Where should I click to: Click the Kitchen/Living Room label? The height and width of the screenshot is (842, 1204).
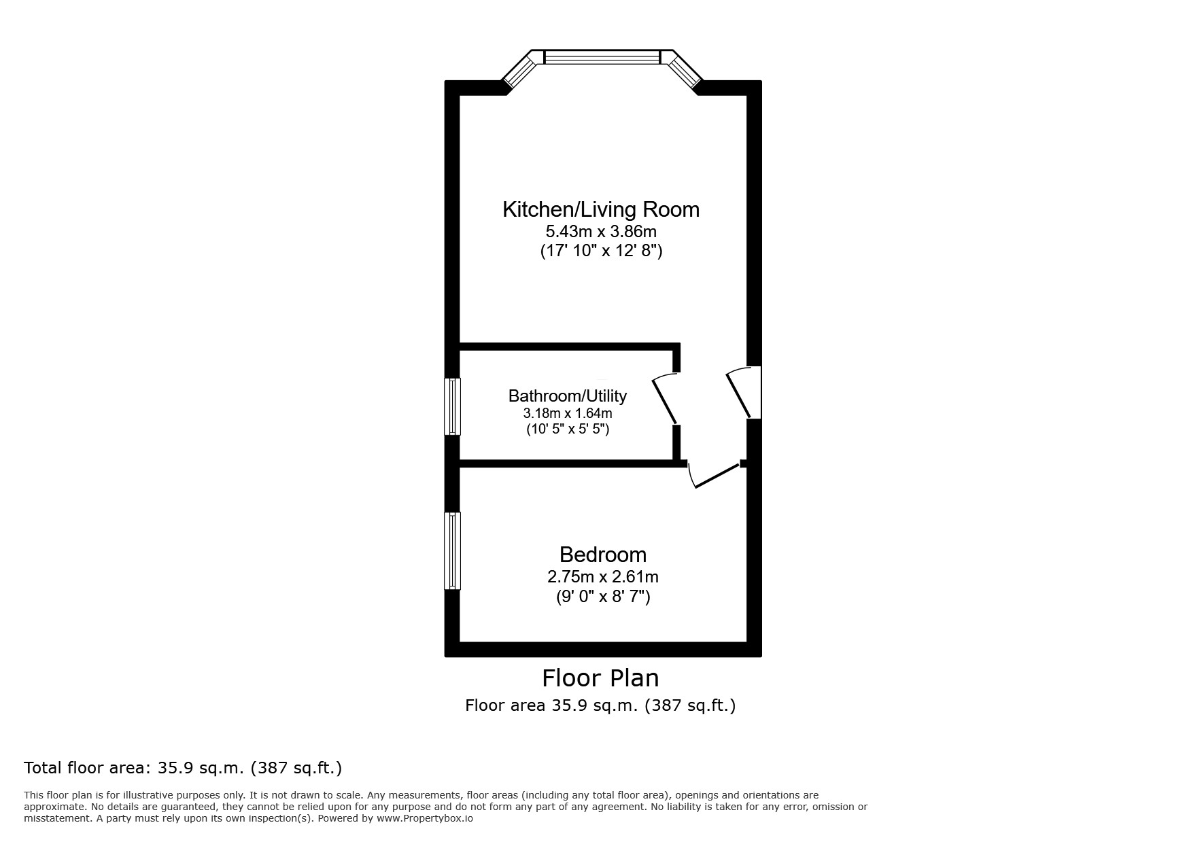(x=600, y=209)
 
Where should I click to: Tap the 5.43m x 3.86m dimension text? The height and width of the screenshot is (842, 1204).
(x=601, y=232)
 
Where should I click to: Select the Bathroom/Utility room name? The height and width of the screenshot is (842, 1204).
(x=567, y=396)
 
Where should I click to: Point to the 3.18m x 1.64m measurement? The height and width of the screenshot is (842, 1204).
(x=567, y=413)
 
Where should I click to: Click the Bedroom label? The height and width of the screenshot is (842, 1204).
(x=602, y=555)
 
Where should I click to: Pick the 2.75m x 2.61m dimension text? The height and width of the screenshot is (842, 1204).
(x=602, y=577)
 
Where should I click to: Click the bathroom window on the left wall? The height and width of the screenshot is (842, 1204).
(x=452, y=406)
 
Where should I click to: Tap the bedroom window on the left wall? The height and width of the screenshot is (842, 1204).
(x=452, y=550)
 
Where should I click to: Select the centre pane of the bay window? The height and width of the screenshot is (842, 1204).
(x=602, y=57)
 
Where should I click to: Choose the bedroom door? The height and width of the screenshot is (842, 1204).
(x=714, y=476)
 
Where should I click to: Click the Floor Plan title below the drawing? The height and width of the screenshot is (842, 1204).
(x=600, y=678)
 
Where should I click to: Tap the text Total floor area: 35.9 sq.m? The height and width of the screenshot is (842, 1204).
(x=182, y=768)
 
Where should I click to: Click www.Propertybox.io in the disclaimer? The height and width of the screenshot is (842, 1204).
(x=424, y=819)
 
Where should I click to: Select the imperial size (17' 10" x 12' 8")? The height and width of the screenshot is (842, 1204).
(x=601, y=251)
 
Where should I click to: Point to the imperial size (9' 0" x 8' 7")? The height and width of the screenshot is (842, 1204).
(x=602, y=597)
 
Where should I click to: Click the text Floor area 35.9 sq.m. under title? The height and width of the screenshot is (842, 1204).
(x=600, y=705)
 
